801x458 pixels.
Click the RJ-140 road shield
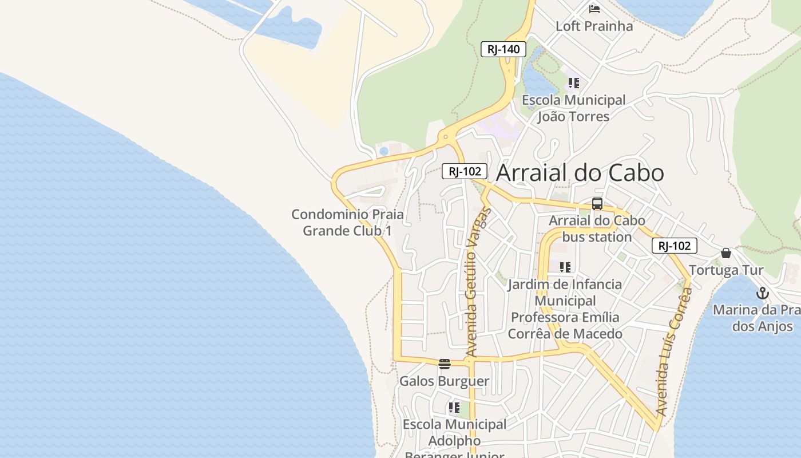tap(503, 49)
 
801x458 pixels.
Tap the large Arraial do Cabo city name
tap(580, 173)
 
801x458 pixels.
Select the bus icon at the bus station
tap(597, 204)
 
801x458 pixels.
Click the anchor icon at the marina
tap(762, 294)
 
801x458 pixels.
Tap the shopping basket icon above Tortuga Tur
tap(726, 253)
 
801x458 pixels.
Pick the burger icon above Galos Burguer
tap(445, 364)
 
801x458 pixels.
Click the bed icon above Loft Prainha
tap(594, 9)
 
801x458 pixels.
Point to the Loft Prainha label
tap(594, 26)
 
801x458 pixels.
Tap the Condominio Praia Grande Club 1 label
tap(347, 223)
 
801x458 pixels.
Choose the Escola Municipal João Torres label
tap(573, 108)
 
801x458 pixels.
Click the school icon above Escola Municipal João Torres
tap(574, 83)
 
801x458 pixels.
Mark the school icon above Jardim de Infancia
tap(565, 267)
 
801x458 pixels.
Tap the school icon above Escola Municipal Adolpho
tap(454, 408)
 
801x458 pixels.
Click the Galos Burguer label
tap(444, 381)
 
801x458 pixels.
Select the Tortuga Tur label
tap(726, 270)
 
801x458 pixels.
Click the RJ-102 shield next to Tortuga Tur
tap(675, 246)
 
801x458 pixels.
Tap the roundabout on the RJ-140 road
tap(446, 137)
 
